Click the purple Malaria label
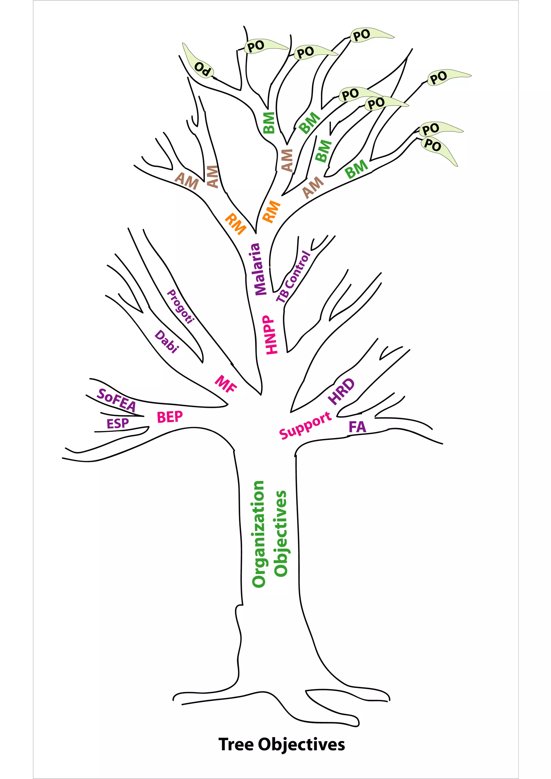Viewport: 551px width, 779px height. [260, 269]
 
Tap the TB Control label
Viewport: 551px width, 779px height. [293, 277]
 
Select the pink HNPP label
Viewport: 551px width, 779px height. [271, 335]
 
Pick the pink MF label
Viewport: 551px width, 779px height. [226, 384]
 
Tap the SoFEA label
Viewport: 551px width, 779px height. [117, 400]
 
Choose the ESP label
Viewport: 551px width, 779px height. [118, 423]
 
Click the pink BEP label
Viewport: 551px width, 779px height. [170, 417]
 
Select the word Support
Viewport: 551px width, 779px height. [305, 425]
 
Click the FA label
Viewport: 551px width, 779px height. [358, 427]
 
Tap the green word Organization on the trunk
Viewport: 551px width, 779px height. [258, 534]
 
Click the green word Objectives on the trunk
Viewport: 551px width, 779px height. [280, 533]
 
